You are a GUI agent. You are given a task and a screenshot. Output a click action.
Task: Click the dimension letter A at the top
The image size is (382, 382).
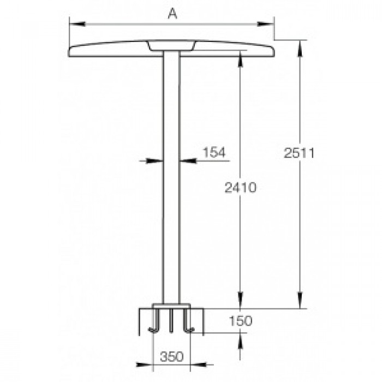(172, 14)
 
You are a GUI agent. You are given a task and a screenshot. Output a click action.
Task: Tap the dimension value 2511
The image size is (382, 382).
(299, 153)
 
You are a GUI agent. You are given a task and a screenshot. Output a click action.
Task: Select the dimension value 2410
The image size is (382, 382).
(241, 188)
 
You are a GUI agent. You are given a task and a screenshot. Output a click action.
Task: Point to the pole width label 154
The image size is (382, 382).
(214, 152)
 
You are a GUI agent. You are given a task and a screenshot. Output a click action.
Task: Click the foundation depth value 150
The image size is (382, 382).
(241, 321)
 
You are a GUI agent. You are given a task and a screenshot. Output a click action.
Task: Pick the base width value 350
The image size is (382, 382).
(171, 357)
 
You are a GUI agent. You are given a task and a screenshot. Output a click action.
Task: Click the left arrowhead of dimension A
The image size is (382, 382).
(77, 24)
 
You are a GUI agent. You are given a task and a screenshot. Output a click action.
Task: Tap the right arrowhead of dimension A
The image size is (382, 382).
(266, 24)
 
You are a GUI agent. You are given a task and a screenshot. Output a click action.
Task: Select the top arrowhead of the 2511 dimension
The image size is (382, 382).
(300, 49)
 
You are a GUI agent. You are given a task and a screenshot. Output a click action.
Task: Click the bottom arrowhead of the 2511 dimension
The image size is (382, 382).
(300, 300)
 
